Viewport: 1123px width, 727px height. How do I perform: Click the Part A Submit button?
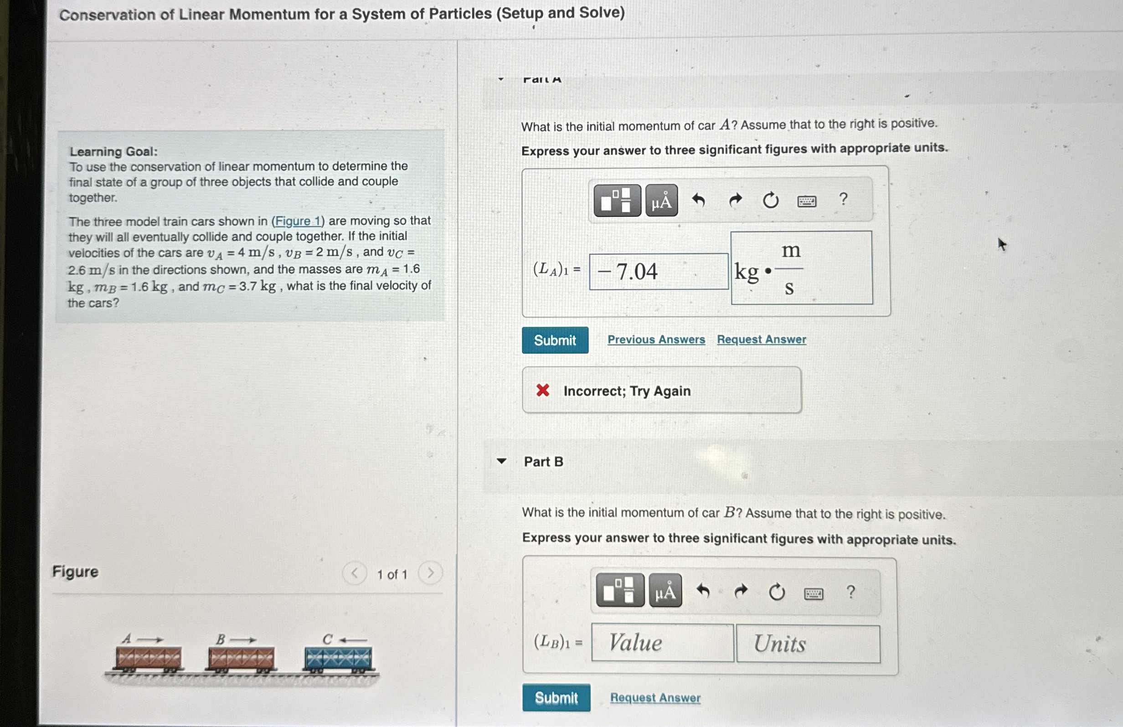click(x=555, y=340)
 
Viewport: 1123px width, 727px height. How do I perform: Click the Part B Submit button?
click(x=556, y=697)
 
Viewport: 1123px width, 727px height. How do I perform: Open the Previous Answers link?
click(x=656, y=340)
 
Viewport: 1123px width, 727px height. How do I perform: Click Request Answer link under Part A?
click(x=761, y=340)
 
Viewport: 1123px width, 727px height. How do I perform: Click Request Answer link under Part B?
click(x=655, y=697)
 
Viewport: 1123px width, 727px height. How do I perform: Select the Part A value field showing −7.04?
click(x=658, y=271)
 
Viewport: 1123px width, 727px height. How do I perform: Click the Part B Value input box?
click(x=662, y=643)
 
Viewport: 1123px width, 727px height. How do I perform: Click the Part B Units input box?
click(x=808, y=644)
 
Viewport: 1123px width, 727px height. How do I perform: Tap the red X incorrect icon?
click(x=543, y=390)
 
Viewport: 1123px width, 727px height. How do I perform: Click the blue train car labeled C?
click(x=338, y=659)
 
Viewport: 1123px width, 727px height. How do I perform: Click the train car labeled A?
click(x=148, y=658)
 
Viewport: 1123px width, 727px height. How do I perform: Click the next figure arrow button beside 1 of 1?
click(x=430, y=573)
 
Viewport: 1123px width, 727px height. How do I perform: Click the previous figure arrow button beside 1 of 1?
click(x=355, y=573)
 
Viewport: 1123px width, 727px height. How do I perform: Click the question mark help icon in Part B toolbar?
click(x=850, y=592)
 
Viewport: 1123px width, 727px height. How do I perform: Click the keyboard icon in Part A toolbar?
click(x=806, y=201)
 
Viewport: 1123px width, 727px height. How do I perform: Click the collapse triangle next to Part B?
click(x=502, y=461)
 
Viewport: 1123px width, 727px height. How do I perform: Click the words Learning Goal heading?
click(x=113, y=151)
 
